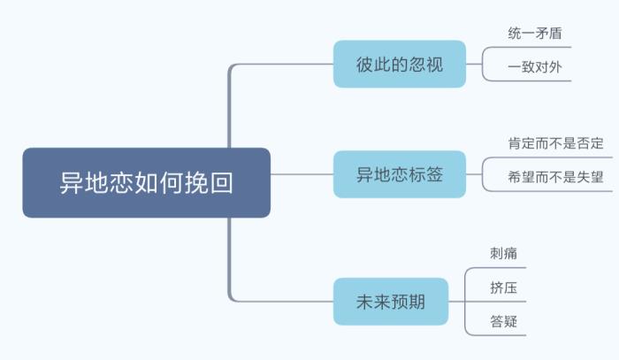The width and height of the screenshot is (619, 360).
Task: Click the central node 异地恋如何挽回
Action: tap(146, 182)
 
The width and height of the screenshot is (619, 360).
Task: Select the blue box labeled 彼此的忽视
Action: tap(399, 65)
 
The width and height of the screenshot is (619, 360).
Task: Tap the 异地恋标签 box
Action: tap(399, 174)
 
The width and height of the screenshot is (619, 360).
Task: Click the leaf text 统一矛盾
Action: tap(535, 34)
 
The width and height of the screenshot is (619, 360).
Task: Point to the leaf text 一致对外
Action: tap(535, 66)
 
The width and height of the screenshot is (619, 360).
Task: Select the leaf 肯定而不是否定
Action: tap(555, 143)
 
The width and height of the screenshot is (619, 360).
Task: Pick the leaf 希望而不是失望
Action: tap(555, 176)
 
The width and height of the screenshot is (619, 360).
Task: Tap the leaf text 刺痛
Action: tap(503, 253)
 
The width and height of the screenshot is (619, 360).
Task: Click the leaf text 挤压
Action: tap(503, 287)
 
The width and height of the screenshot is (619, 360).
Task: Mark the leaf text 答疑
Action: tap(503, 321)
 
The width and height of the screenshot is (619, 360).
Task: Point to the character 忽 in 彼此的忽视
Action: tap(416, 65)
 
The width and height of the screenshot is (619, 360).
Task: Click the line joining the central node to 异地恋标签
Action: tap(301, 174)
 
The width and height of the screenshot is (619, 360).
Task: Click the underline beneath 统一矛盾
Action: tap(535, 47)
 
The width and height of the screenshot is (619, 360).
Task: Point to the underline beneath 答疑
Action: tap(503, 335)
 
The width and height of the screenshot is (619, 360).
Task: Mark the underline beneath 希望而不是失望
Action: tap(555, 190)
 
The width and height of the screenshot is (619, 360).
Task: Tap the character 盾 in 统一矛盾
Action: tap(554, 34)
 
